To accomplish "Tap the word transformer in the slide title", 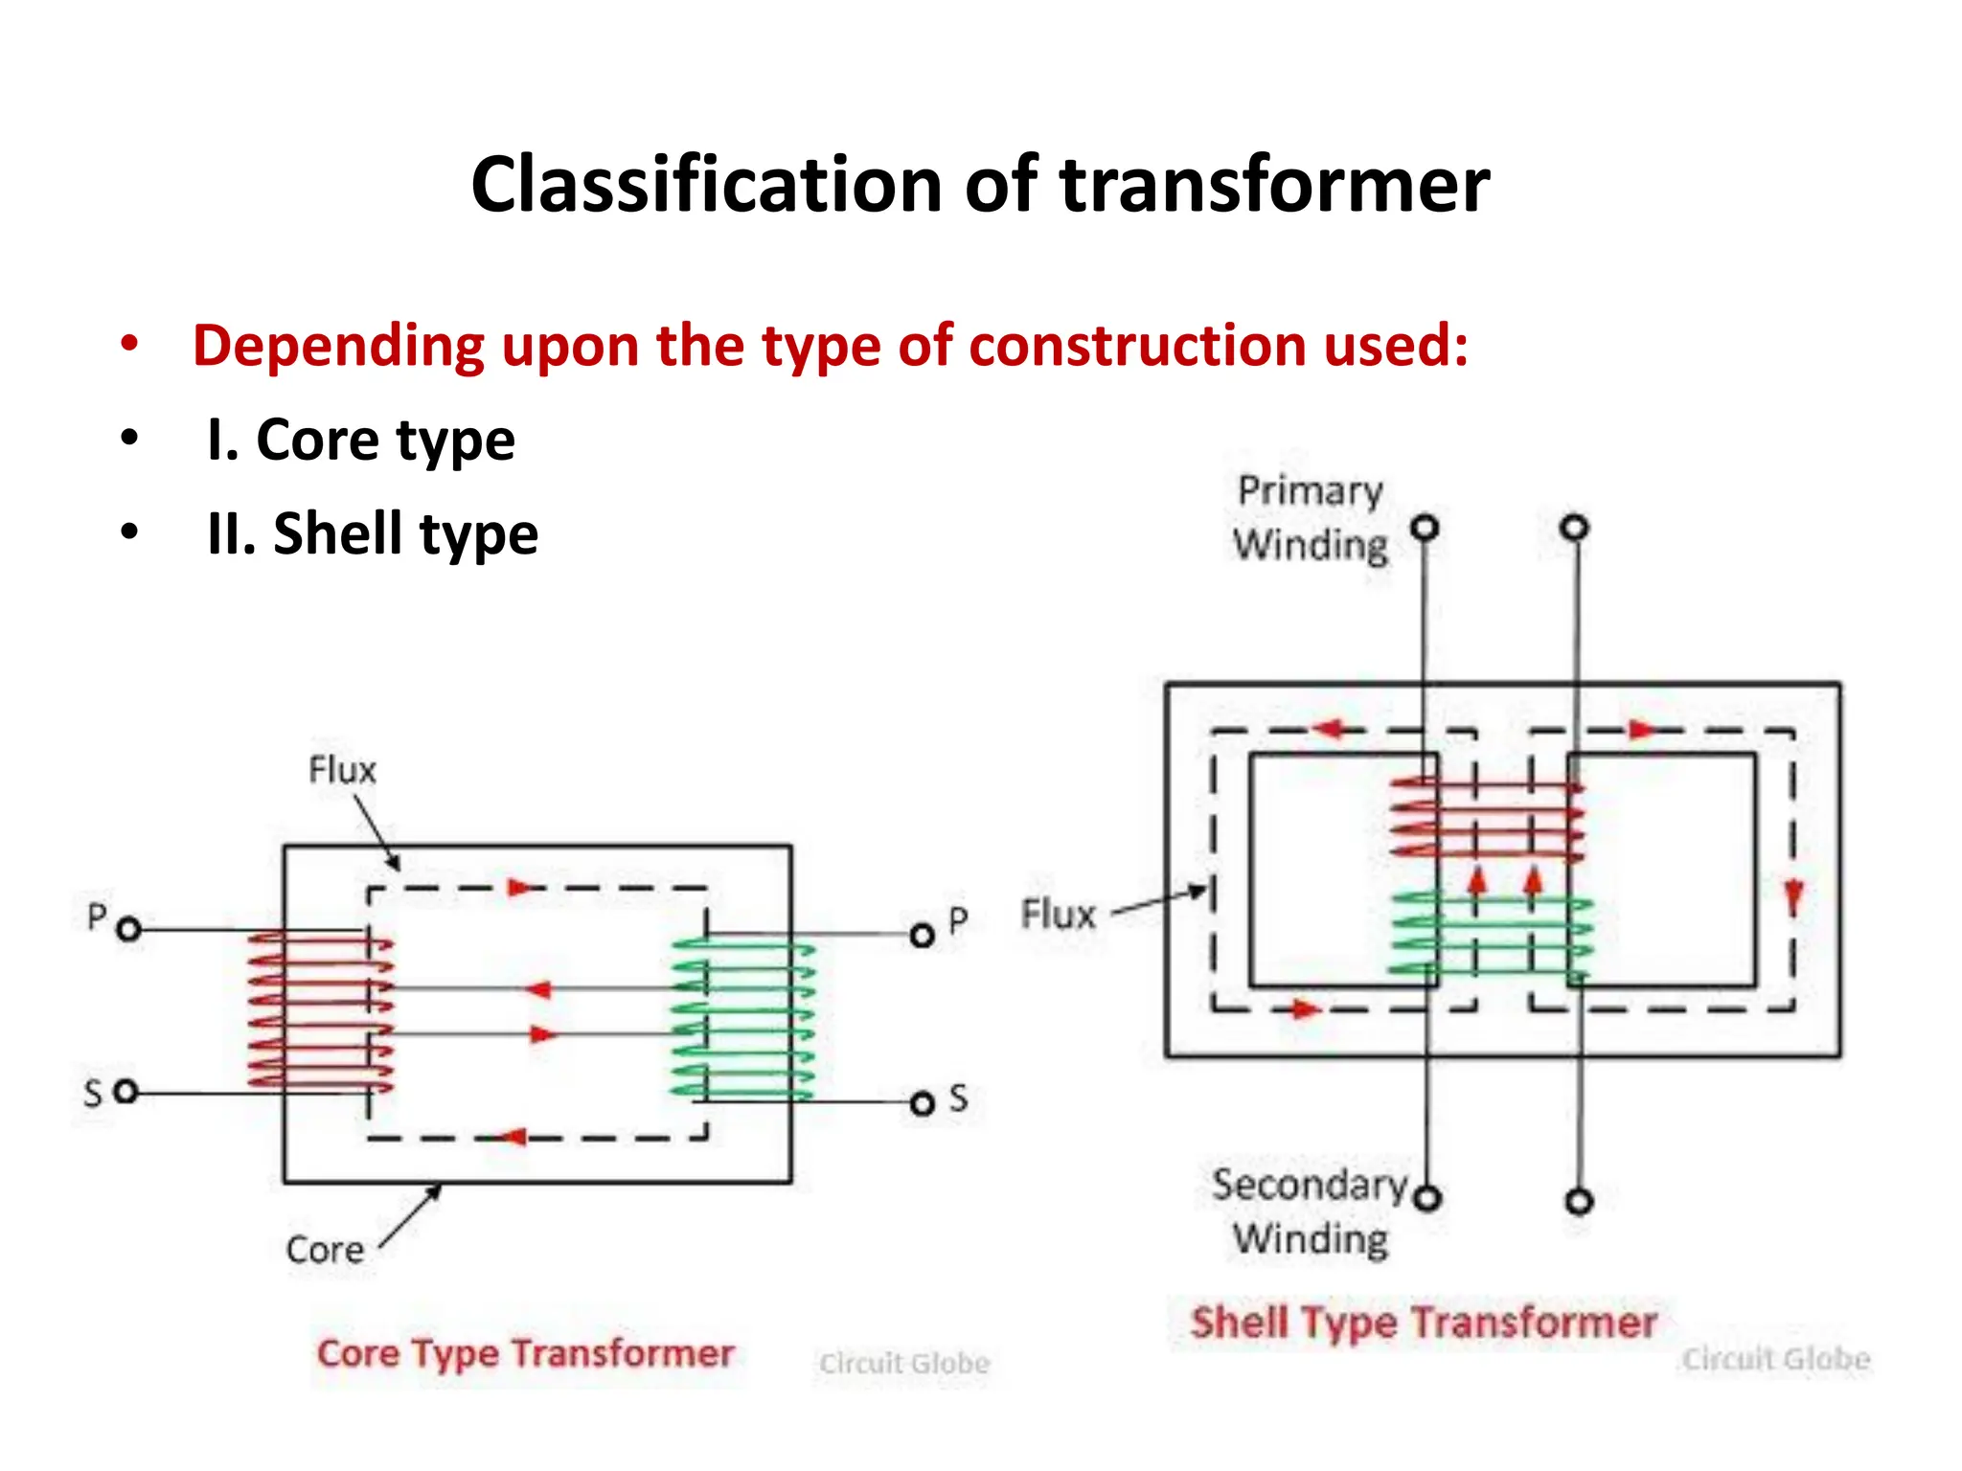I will click(1274, 185).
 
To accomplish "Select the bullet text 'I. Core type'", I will click(361, 440).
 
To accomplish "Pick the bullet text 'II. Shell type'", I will click(373, 533).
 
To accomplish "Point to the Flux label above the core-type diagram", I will click(342, 770).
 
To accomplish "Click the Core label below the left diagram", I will click(325, 1250).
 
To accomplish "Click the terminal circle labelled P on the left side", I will click(129, 929).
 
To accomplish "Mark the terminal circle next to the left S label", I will click(126, 1092).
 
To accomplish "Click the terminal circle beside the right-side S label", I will click(922, 1104).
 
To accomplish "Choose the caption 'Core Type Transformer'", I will click(525, 1353).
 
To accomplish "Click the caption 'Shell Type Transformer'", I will click(1424, 1323).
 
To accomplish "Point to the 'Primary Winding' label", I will click(1310, 518).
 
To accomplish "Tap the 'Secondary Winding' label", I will click(1310, 1211).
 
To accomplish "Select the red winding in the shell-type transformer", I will click(1486, 819).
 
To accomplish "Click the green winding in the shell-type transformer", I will click(1491, 934).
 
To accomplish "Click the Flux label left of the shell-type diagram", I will click(1058, 915).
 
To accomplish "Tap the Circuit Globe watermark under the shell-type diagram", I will click(1776, 1359).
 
